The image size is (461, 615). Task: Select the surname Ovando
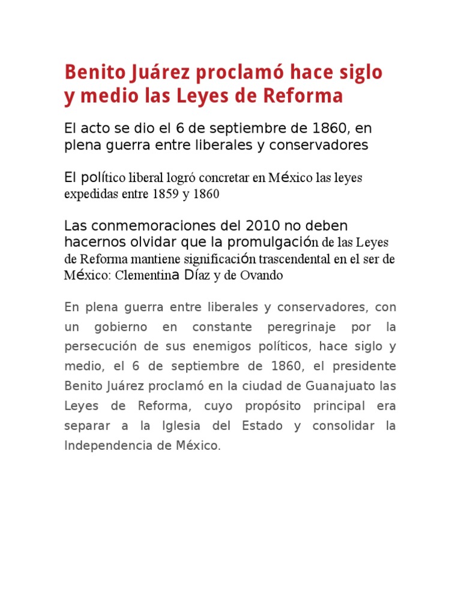click(262, 276)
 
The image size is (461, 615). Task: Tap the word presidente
click(366, 366)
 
